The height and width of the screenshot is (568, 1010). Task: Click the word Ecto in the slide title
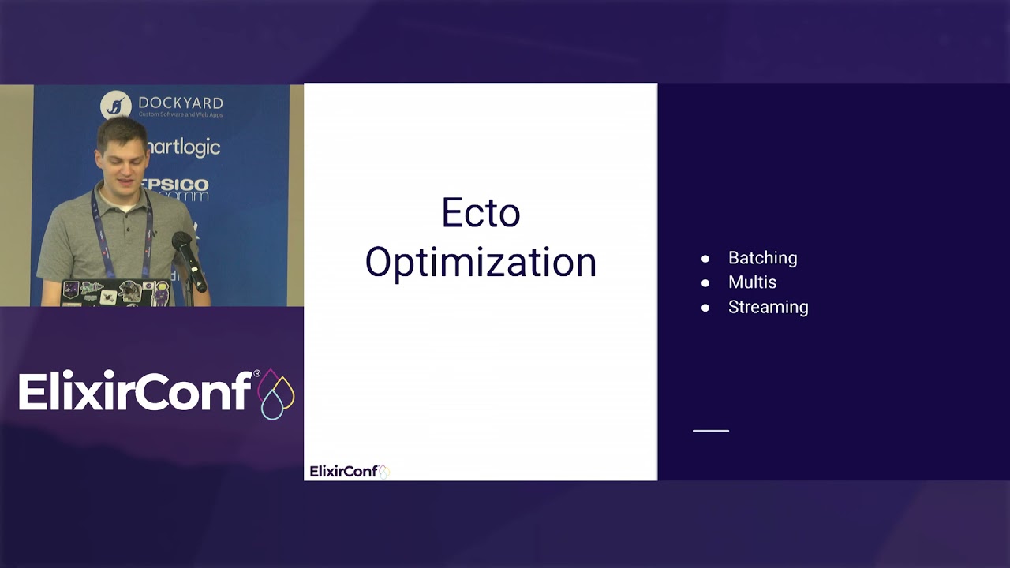point(481,213)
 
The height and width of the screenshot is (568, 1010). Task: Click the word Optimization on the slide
point(481,263)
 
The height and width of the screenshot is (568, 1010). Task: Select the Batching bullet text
point(762,258)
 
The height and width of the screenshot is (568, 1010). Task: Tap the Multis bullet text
point(752,282)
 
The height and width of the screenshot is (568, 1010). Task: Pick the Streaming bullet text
point(768,307)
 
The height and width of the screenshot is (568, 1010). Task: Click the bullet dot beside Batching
point(705,259)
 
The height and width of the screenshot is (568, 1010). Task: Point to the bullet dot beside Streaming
point(705,308)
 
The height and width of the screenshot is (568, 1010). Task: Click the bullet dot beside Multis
point(705,283)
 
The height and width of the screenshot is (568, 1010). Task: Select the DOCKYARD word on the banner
point(180,103)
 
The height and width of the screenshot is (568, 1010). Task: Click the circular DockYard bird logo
point(116,106)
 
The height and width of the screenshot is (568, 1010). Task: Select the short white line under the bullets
point(710,431)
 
